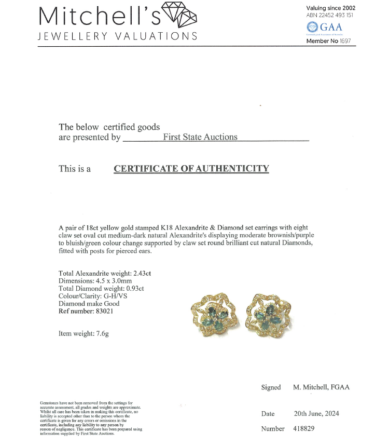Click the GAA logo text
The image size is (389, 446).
(331, 27)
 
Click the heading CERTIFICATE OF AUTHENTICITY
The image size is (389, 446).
(191, 168)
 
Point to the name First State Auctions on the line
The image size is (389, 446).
(200, 137)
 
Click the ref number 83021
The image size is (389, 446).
(103, 311)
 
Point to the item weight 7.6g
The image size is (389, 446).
(100, 334)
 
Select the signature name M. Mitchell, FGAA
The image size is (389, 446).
(321, 387)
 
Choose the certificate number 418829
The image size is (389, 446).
(303, 428)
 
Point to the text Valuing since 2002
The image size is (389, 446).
(330, 8)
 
